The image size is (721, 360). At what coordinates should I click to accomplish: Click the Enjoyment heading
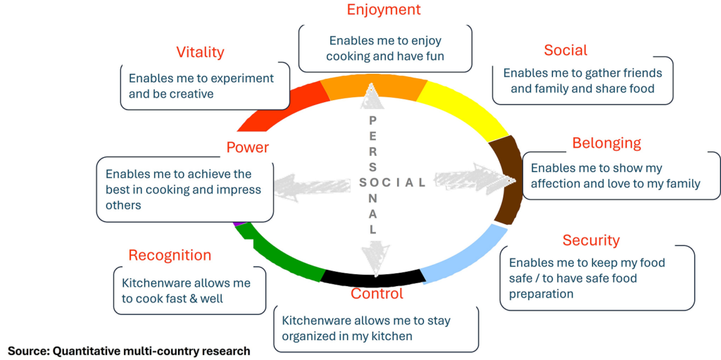point(384,10)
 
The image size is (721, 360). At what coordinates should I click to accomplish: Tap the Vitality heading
point(200,52)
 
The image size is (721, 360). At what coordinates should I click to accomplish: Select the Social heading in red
point(565,50)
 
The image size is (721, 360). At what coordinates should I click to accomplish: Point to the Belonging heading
point(606,143)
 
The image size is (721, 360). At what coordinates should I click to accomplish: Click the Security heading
point(591,240)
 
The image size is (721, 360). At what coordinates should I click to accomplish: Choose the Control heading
point(377,294)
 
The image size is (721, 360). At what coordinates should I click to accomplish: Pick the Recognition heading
point(170,255)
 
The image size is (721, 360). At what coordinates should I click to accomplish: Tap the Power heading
point(248,147)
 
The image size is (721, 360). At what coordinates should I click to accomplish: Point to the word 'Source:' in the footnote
point(28,350)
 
